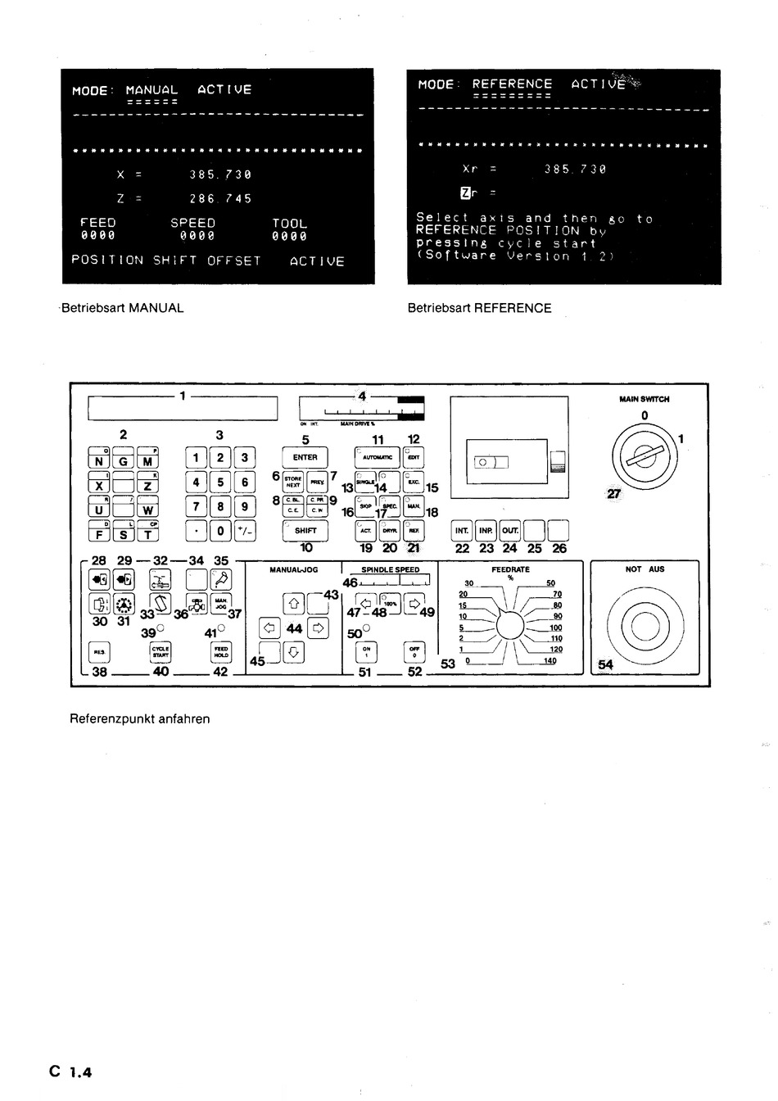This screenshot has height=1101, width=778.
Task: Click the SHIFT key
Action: pos(305,530)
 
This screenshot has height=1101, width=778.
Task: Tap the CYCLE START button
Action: pos(161,652)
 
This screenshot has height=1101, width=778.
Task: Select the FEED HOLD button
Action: pos(221,652)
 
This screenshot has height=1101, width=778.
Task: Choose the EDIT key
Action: pos(414,457)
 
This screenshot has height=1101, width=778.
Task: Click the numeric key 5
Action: pos(220,483)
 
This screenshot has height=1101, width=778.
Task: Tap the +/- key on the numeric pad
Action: pos(245,531)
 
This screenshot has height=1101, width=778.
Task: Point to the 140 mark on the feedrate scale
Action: pos(550,660)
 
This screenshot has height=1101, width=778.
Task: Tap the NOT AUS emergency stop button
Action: pos(644,628)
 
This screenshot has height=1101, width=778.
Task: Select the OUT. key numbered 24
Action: pos(510,531)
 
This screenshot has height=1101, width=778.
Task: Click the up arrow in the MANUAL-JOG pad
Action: pos(294,605)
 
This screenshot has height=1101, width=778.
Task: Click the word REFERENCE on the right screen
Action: pos(512,84)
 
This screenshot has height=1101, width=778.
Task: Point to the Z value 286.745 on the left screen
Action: pos(220,198)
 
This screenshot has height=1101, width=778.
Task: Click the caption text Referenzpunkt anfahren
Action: pos(140,718)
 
